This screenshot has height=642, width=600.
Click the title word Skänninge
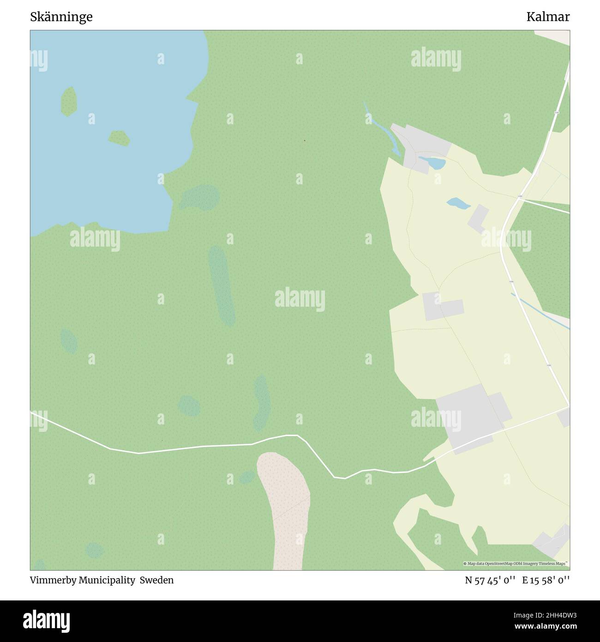(x=61, y=17)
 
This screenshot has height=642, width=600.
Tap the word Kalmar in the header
(x=548, y=17)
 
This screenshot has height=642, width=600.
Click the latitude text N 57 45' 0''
(x=491, y=580)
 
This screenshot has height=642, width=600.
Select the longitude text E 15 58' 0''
(x=546, y=580)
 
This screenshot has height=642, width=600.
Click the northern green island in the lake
(x=69, y=101)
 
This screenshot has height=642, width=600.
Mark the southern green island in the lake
(x=119, y=138)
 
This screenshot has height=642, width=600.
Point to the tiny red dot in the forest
(x=304, y=140)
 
